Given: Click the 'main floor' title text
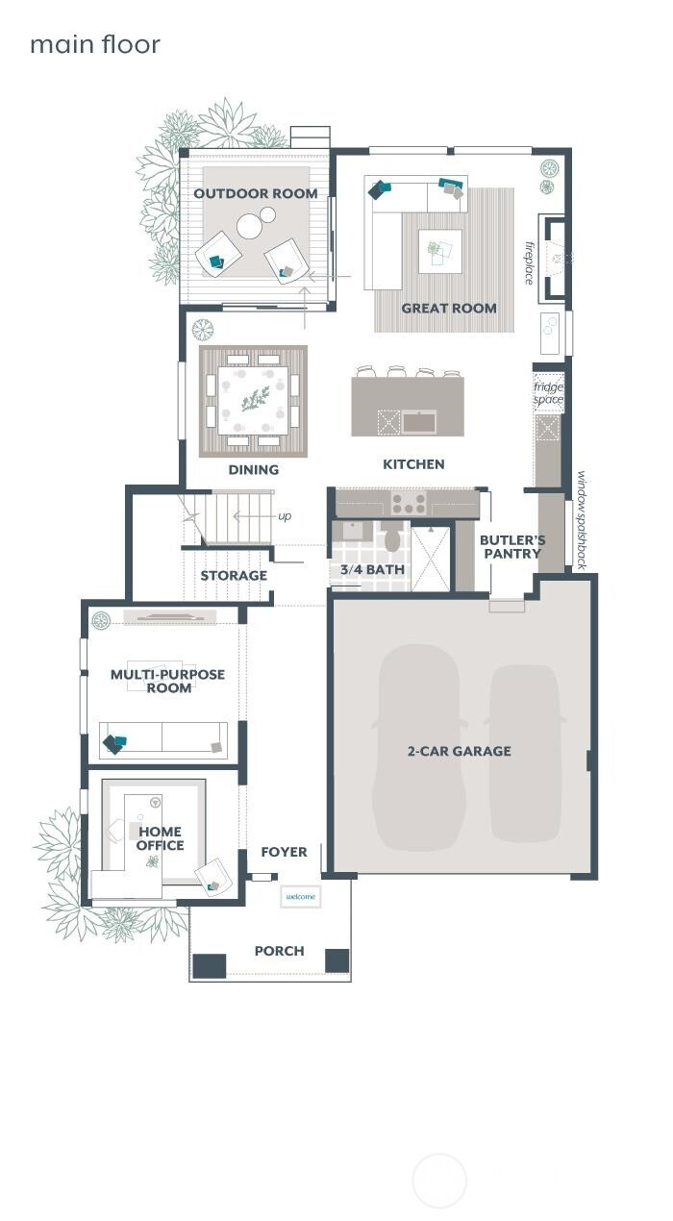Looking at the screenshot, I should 94,44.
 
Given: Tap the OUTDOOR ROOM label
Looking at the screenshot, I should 256,193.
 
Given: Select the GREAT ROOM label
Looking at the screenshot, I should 449,309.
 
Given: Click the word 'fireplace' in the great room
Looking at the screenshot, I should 529,262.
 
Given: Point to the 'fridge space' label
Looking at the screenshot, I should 549,392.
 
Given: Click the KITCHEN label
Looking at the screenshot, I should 413,464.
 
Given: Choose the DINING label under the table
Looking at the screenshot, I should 254,470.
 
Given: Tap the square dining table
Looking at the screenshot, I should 253,400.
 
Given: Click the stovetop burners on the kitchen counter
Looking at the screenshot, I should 408,503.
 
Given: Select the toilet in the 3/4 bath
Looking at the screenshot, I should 392,538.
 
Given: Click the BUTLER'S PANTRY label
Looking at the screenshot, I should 512,547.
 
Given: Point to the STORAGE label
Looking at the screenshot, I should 234,576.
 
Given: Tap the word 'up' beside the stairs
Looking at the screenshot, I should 285,516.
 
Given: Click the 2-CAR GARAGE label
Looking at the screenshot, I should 459,751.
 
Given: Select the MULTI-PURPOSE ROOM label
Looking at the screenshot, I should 167,681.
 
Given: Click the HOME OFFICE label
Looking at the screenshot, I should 160,838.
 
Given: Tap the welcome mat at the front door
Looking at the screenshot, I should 300,896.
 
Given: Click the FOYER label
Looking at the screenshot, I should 285,852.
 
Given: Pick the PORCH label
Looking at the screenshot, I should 279,951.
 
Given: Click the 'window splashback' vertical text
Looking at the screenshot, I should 581,519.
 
